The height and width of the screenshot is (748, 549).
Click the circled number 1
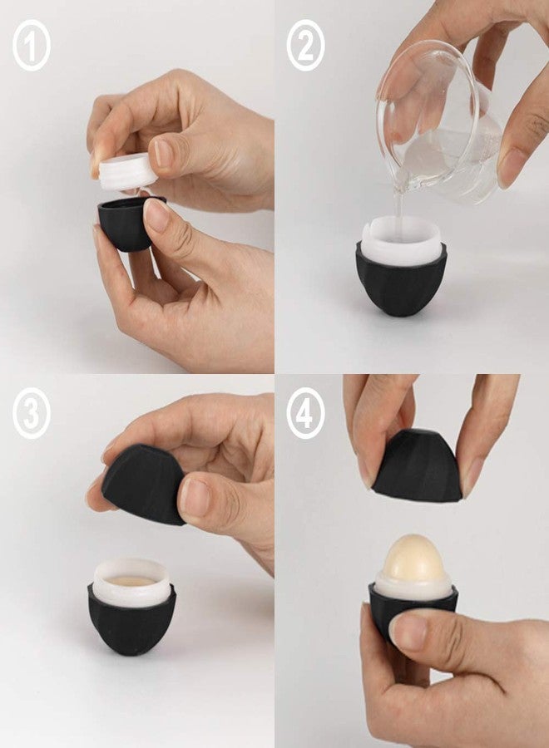click(x=31, y=46)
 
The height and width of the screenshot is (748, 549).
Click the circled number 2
click(x=305, y=46)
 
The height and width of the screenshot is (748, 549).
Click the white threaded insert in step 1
click(x=128, y=170)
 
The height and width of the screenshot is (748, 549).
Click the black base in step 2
click(x=401, y=282)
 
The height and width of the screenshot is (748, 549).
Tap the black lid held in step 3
click(x=143, y=483)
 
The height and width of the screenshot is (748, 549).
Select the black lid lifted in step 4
click(x=415, y=465)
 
